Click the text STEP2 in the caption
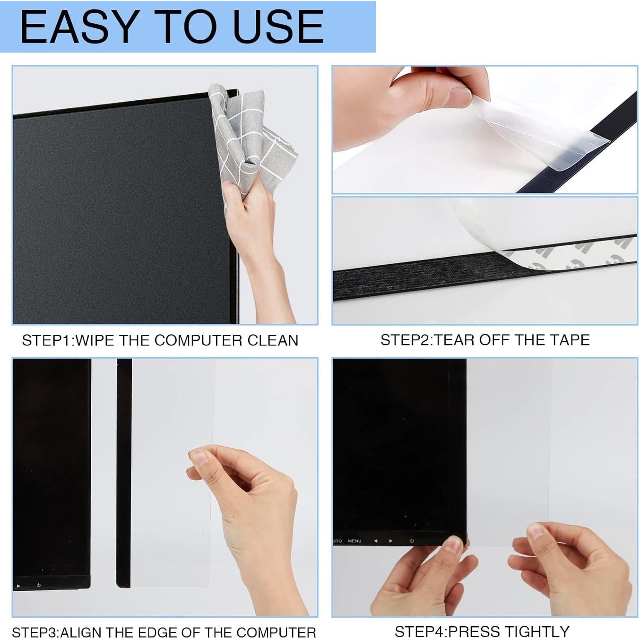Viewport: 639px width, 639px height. [405, 340]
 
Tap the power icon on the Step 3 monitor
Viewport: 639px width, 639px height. [38, 585]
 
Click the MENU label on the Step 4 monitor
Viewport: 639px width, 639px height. [354, 541]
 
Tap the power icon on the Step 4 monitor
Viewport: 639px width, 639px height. [412, 541]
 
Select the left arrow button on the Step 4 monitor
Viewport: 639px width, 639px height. [375, 541]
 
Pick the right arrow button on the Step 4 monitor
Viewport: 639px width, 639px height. [390, 541]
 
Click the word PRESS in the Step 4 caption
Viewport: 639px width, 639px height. [471, 631]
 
